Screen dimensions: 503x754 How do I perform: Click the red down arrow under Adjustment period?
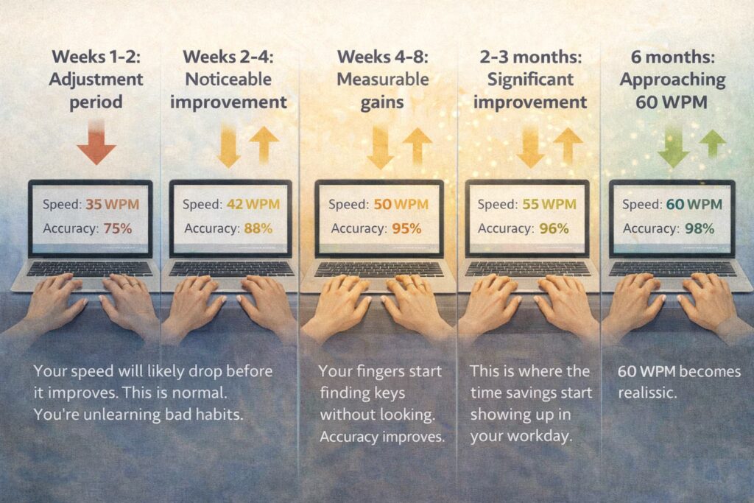click(x=96, y=144)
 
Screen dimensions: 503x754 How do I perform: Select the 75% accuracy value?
click(x=117, y=228)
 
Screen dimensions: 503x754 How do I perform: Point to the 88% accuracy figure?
click(x=258, y=228)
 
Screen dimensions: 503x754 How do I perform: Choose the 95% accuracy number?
click(x=406, y=228)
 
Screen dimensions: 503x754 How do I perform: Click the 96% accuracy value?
click(x=554, y=228)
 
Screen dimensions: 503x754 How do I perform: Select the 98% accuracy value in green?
click(x=699, y=228)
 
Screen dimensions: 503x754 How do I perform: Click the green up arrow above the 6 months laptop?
click(x=712, y=143)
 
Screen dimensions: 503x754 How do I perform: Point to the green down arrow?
click(x=672, y=147)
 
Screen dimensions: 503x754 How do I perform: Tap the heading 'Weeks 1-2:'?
click(x=96, y=57)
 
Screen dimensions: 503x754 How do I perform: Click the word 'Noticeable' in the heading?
click(x=227, y=79)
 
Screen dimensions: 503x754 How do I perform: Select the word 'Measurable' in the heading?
click(x=382, y=79)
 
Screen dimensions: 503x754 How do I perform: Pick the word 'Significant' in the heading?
click(x=529, y=79)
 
